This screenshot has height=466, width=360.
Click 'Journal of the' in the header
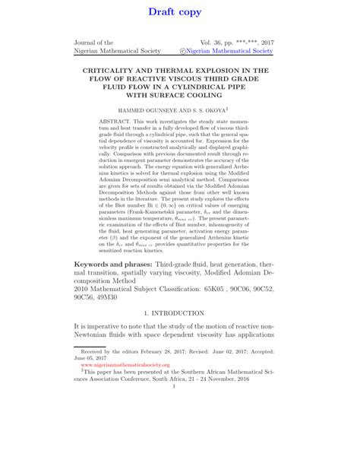pyautogui.click(x=93, y=43)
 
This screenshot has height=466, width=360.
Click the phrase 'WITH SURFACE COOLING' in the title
pyautogui.click(x=180, y=96)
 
